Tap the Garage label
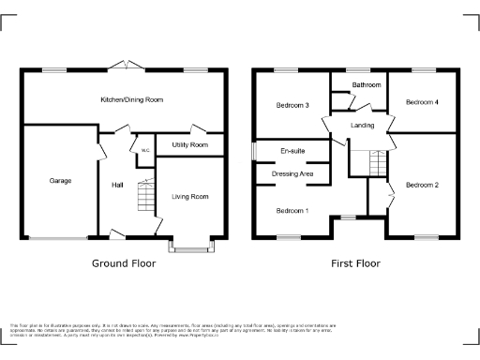[60, 180]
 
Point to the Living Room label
[189, 196]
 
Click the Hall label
[117, 184]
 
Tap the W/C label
[145, 151]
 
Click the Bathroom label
[367, 84]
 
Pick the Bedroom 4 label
[422, 101]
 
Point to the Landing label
[363, 125]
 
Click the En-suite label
[292, 151]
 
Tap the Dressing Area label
[292, 174]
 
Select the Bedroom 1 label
[292, 210]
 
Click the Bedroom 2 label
[422, 185]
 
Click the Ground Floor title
[123, 263]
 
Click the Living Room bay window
[189, 247]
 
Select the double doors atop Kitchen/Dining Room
[125, 65]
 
